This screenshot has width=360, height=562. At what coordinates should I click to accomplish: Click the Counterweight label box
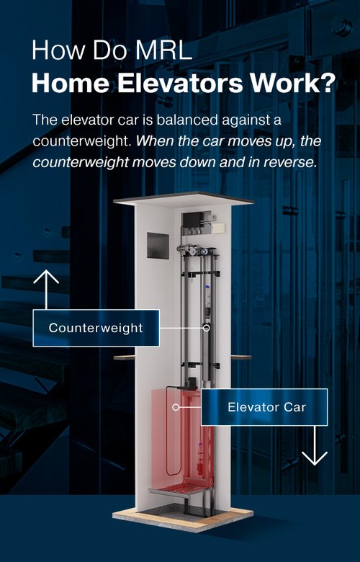coord(96,328)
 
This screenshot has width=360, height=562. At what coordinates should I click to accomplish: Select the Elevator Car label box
coord(264,407)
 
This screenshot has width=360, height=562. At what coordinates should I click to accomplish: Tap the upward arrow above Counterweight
coord(46,289)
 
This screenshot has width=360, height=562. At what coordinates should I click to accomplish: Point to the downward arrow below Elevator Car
coord(315,445)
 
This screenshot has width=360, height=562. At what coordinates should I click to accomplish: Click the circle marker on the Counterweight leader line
coord(207,328)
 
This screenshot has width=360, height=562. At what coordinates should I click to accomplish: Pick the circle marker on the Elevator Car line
coord(176,407)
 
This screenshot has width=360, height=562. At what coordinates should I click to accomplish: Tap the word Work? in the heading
coord(292,83)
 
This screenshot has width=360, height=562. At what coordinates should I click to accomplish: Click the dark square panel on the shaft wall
coord(158,246)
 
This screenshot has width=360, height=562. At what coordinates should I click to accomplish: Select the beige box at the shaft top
coord(218,228)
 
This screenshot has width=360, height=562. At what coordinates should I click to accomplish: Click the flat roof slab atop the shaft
coord(184,200)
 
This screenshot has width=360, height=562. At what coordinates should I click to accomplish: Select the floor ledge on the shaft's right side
coord(241,357)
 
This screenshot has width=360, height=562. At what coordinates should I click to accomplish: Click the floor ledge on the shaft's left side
coord(125,357)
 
